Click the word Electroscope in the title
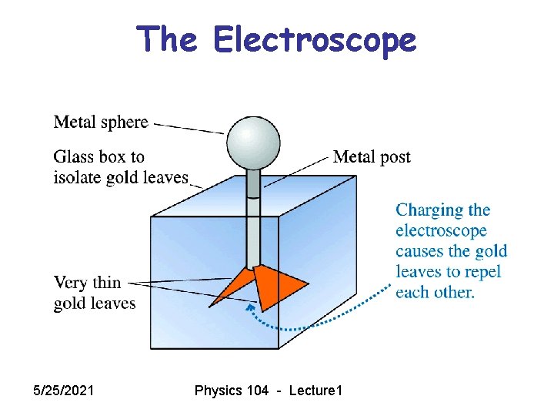coord(315,39)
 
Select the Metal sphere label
coord(100,122)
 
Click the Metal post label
coord(372,157)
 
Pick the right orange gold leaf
coord(274,285)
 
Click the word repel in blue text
coord(481,272)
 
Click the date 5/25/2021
coord(65,391)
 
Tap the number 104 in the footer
coord(255,391)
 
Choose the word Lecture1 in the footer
coord(315,391)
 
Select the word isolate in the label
coord(78,178)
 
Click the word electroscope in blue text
coord(441,231)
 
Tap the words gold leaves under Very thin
coord(94,304)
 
